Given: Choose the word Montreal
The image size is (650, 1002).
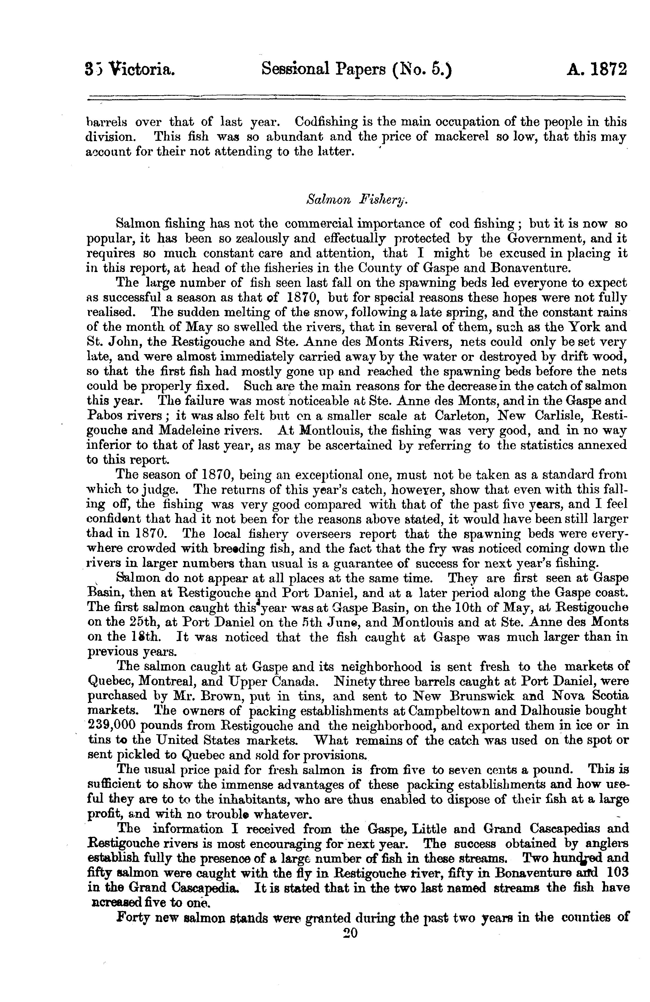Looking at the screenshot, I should (167, 681).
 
